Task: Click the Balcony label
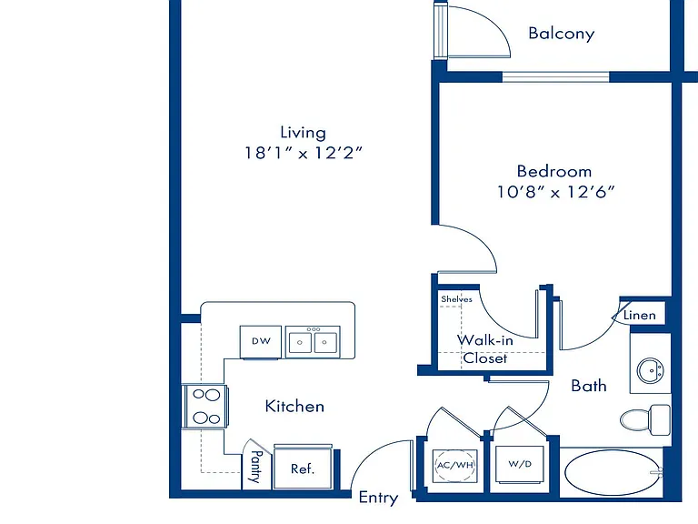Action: tap(562, 34)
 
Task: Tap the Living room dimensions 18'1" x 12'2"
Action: tap(304, 153)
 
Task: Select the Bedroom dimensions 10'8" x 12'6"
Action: tap(555, 192)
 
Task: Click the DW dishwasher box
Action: tap(261, 342)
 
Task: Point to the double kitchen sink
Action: tap(313, 342)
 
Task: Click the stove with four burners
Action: tap(205, 407)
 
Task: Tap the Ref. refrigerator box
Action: tap(303, 467)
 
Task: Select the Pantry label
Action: tap(256, 467)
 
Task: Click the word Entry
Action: tap(378, 498)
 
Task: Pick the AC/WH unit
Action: tap(455, 465)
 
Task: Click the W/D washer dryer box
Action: tap(520, 464)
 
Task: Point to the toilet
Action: tap(645, 419)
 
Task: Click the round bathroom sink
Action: tap(651, 370)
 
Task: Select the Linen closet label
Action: tap(639, 316)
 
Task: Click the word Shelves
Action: tap(456, 299)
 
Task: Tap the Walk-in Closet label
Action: tap(485, 349)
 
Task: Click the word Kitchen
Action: tap(294, 407)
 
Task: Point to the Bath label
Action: tap(589, 386)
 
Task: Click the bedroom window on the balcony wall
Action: tap(555, 76)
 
